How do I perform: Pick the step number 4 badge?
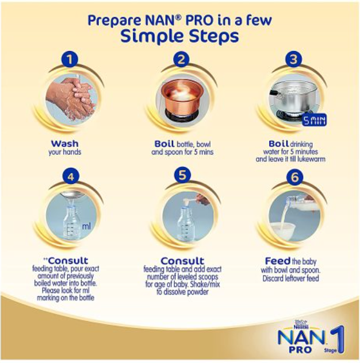(70, 177)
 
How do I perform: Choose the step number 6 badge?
(294, 177)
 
